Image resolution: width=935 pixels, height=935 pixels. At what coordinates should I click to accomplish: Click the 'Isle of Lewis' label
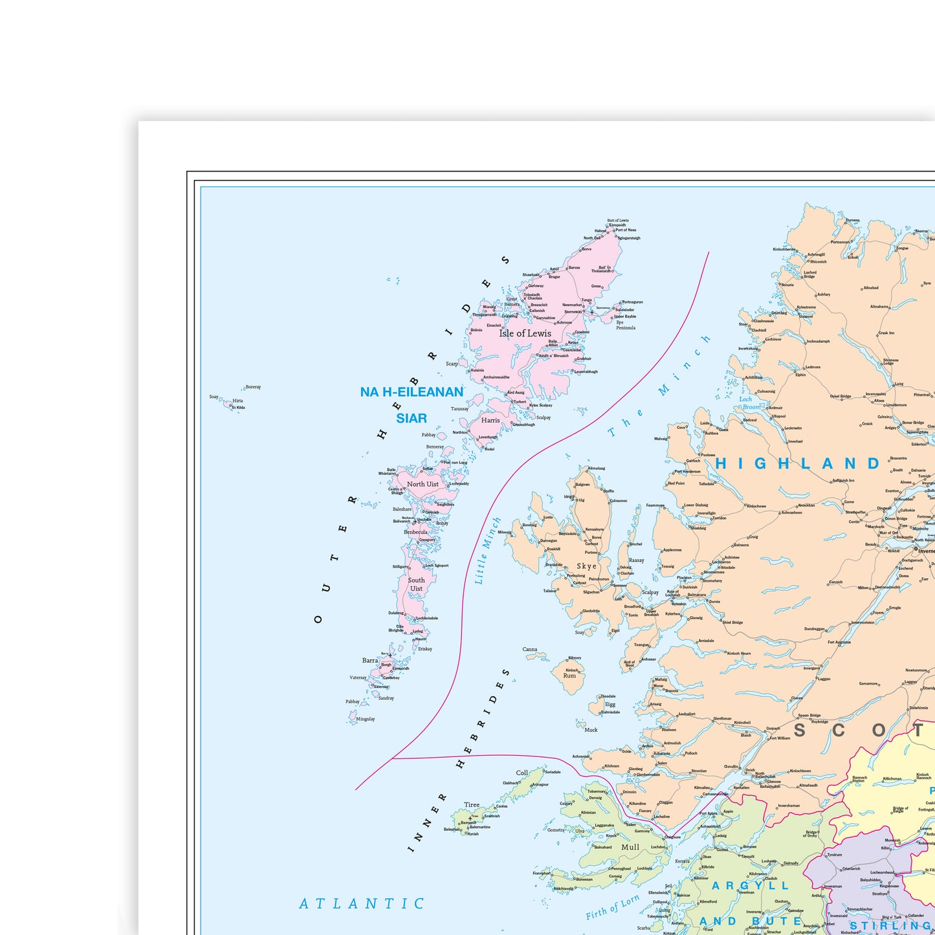point(525,333)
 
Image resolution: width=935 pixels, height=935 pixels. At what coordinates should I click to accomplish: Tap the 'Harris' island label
point(490,420)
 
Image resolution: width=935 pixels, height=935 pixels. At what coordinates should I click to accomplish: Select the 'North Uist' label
point(423,484)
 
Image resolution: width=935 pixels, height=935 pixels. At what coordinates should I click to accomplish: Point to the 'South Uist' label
point(416,584)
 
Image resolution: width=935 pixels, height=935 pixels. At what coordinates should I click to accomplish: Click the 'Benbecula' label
point(415,532)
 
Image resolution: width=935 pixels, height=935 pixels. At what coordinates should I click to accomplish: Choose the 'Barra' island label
point(370,661)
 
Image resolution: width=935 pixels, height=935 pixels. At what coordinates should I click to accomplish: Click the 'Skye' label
point(586,566)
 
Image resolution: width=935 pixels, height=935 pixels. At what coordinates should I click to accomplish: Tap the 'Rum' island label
point(569,676)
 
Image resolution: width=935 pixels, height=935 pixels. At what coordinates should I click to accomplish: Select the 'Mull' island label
point(630,847)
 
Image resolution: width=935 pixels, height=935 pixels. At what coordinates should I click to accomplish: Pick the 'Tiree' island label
point(472,805)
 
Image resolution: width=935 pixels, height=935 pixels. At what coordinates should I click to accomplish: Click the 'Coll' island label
point(522,773)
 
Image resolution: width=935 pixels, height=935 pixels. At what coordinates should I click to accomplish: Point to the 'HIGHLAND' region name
point(798,463)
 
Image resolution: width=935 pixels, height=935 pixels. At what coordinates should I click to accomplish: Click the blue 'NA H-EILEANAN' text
point(412,392)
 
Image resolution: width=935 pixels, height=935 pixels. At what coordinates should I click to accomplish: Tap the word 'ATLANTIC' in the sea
point(362,903)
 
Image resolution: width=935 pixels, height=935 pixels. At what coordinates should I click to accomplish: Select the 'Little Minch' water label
point(488,551)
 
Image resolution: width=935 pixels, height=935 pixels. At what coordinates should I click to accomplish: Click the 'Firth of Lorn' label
point(613,907)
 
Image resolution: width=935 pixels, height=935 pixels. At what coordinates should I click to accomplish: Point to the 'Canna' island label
point(530,649)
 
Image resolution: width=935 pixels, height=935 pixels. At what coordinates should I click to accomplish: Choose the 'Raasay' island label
point(636,560)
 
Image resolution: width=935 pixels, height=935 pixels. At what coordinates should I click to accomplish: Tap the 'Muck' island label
point(591,730)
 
